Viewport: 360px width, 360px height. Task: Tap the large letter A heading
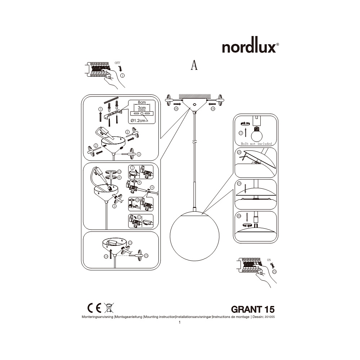[x=194, y=65]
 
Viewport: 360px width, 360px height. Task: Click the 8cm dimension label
[x=141, y=103]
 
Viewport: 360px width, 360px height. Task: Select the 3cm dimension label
[x=141, y=108]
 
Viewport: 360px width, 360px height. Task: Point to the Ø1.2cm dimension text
[x=138, y=120]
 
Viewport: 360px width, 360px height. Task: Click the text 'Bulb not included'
[x=256, y=144]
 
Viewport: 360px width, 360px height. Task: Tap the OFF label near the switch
[x=117, y=63]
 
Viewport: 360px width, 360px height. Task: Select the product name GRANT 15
[x=253, y=309]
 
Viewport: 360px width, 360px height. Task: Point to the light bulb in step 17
[x=256, y=134]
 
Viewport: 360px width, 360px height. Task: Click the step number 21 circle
[x=274, y=272]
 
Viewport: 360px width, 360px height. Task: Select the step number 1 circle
[x=122, y=76]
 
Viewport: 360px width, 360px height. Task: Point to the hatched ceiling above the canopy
[x=195, y=96]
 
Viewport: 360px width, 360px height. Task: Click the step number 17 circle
[x=240, y=133]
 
